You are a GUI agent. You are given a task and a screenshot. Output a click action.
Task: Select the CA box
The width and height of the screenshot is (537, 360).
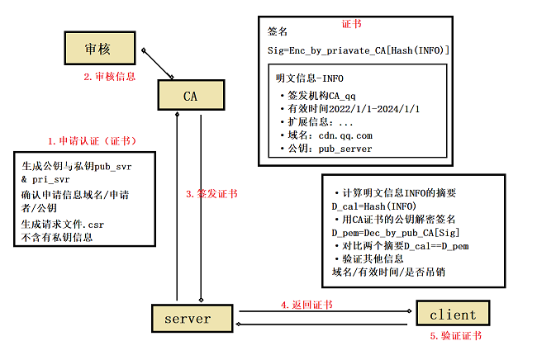point(189,95)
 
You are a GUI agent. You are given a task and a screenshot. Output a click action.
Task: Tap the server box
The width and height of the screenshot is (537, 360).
point(188,318)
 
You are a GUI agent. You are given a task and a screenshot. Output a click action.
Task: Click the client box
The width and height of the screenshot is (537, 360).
point(452,314)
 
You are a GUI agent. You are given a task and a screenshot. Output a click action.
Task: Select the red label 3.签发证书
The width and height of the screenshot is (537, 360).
point(211,194)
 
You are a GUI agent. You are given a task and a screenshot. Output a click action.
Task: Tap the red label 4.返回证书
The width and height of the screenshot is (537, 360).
point(307,305)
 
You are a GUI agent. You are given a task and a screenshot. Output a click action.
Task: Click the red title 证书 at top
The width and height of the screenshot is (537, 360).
point(351,24)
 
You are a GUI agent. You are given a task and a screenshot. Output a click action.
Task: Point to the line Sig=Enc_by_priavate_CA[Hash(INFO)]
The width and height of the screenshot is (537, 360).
point(358,51)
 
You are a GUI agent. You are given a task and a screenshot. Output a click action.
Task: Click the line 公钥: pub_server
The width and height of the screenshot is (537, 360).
point(330,148)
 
